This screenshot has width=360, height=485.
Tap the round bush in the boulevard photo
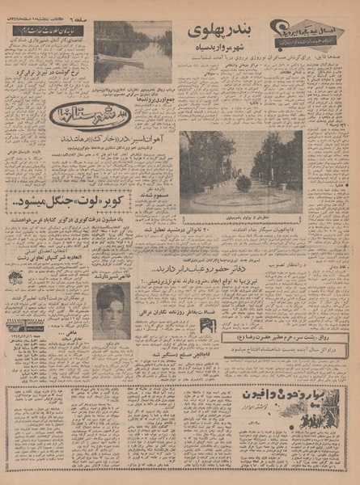click(244, 183)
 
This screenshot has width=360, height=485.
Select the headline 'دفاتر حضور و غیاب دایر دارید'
click(223, 261)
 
